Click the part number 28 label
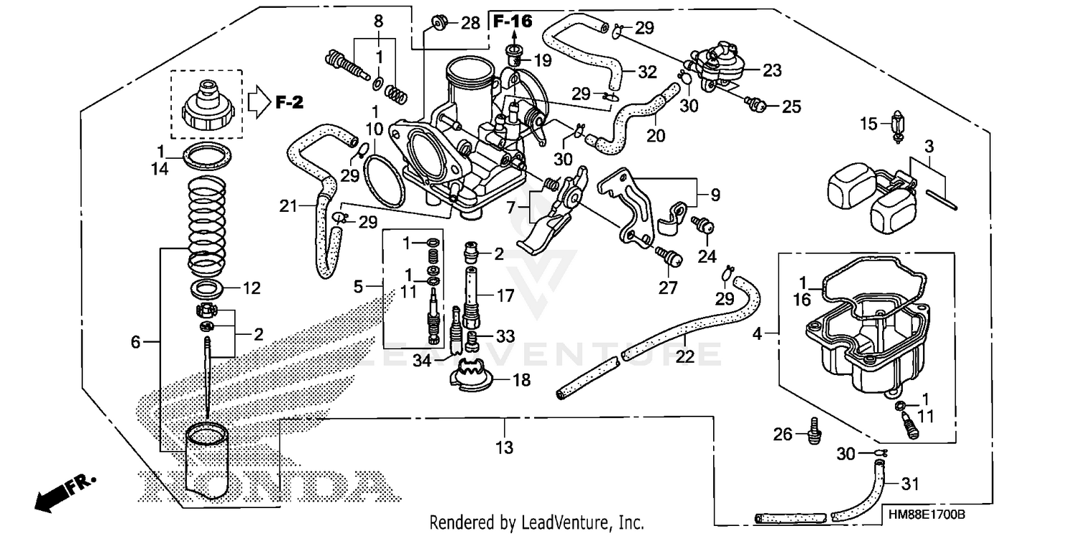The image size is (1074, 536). pyautogui.click(x=470, y=24)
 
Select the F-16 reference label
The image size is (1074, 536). pyautogui.click(x=513, y=21)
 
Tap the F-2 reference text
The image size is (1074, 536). pyautogui.click(x=289, y=103)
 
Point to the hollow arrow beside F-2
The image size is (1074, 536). pyautogui.click(x=258, y=102)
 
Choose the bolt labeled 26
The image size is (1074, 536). pyautogui.click(x=814, y=429)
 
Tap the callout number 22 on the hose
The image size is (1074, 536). pyautogui.click(x=685, y=356)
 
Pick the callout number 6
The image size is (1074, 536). pyautogui.click(x=136, y=343)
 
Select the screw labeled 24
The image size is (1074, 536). pyautogui.click(x=705, y=227)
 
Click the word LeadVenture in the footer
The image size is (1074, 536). pyautogui.click(x=555, y=522)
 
